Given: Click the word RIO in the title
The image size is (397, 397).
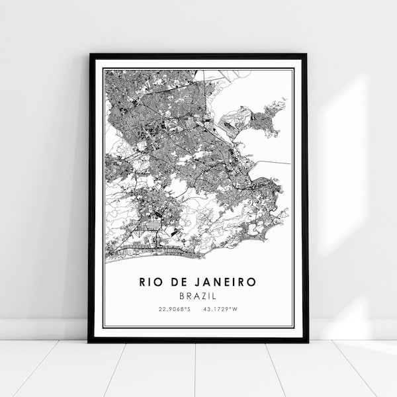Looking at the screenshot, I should click(x=152, y=282).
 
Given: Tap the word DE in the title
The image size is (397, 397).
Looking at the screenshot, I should click(x=179, y=282).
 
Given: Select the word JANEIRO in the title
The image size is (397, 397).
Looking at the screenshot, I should click(x=225, y=282).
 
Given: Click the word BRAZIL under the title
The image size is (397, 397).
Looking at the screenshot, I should click(x=198, y=295).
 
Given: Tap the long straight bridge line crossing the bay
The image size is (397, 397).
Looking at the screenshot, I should click(x=271, y=161).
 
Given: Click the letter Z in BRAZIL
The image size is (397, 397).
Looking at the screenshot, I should click(x=208, y=295).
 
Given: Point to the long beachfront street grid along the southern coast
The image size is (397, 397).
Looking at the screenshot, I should click(x=152, y=252).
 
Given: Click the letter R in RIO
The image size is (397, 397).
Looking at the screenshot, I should click(x=142, y=282).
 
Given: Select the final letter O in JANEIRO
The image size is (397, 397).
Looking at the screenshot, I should click(x=252, y=282).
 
